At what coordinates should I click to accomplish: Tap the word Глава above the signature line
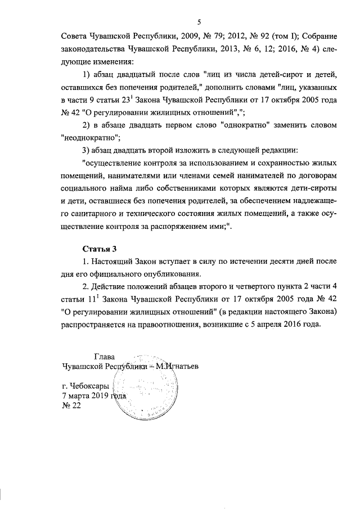(103, 355)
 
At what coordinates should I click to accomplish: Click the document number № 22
(71, 407)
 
